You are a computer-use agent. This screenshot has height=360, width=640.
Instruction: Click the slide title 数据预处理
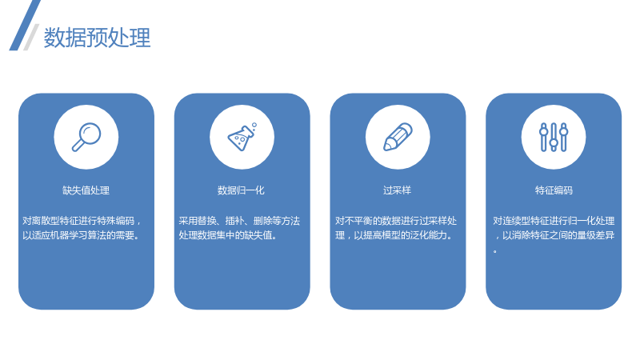coord(97,38)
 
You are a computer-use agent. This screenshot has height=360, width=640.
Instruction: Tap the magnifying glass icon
coord(86,137)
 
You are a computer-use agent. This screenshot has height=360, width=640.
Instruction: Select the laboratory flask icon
coord(242,137)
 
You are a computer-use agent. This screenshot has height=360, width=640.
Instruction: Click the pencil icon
coord(398,137)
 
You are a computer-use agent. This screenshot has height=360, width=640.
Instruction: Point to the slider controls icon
coord(554,137)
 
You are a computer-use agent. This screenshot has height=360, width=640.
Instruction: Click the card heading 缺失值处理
coord(86,190)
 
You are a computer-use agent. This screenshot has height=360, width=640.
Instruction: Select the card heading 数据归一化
coord(242,190)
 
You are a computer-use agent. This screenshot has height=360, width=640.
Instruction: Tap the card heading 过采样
coord(397,190)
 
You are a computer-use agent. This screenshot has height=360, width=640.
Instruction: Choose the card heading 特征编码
coord(554,190)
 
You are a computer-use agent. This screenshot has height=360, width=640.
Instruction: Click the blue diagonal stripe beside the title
coord(25,26)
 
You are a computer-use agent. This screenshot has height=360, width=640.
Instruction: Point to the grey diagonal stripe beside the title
coord(31,37)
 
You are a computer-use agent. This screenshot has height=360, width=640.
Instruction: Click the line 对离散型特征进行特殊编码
coord(78,221)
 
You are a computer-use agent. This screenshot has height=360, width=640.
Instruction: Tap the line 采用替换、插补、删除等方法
coord(239,221)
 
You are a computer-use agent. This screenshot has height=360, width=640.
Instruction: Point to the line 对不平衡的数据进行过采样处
coord(396,221)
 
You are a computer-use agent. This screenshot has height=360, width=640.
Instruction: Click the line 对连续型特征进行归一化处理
coord(554,221)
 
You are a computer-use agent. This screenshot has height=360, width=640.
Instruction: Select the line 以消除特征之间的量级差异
coord(558,235)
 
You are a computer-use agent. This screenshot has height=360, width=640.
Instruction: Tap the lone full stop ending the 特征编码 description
coord(495,251)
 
